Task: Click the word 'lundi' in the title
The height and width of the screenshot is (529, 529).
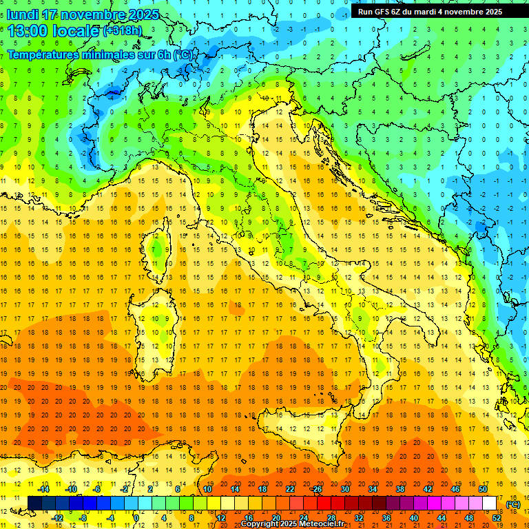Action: [23, 14]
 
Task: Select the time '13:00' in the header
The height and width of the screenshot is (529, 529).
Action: [32, 31]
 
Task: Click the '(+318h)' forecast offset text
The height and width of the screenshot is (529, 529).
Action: [123, 31]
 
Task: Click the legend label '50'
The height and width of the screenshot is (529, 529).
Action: [483, 488]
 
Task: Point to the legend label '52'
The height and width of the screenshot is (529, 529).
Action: [497, 517]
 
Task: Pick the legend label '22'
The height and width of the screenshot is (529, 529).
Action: [290, 488]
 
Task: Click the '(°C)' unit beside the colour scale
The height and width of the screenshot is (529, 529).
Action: [513, 504]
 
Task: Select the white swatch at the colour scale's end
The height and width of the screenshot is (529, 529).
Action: [490, 503]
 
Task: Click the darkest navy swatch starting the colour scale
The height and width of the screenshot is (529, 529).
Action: [34, 503]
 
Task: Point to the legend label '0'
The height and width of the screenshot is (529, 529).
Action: [136, 517]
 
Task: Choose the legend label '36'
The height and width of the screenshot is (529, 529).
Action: [386, 517]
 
